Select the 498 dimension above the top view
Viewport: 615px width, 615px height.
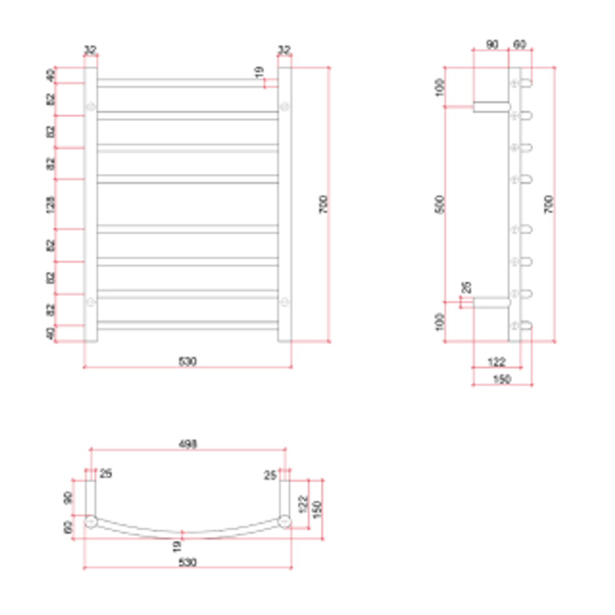point(187,444)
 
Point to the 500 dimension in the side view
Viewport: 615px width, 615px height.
point(439,204)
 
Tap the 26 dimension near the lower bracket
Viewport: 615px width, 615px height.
point(467,287)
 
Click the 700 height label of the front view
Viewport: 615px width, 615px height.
point(323,204)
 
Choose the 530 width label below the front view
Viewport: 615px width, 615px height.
point(187,362)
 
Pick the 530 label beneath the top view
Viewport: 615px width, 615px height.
point(187,563)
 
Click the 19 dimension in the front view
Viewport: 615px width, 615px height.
point(260,72)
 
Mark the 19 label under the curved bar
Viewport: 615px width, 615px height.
point(177,546)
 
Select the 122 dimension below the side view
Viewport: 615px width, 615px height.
point(497,362)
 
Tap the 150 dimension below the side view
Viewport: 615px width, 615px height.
point(501,379)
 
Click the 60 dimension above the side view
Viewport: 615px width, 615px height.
point(520,44)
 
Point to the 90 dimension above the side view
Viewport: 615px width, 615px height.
point(491,44)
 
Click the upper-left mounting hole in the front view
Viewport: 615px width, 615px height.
point(90,106)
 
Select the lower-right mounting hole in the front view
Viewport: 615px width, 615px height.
point(285,302)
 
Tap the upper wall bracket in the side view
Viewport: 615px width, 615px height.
point(491,106)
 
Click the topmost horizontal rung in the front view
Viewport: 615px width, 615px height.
point(187,83)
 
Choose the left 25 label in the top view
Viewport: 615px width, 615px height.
point(105,474)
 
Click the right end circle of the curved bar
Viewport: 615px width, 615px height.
point(285,520)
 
